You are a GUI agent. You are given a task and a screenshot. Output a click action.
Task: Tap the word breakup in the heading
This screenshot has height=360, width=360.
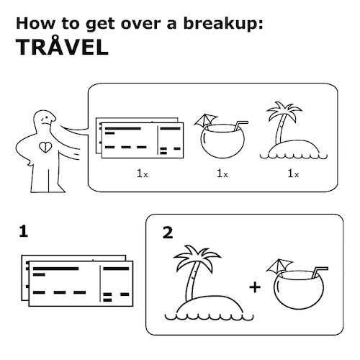221,24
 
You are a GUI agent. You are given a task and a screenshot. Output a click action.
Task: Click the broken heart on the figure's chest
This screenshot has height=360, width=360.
45,147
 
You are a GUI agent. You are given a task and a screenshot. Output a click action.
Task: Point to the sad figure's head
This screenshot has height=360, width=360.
45,121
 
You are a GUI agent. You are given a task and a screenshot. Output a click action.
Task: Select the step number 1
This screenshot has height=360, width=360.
24,231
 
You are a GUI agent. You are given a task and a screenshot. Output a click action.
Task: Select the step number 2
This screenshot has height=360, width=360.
168,233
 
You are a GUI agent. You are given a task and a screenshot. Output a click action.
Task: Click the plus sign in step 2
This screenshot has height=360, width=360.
255,287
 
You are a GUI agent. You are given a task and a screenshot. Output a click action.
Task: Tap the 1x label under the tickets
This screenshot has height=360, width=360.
143,174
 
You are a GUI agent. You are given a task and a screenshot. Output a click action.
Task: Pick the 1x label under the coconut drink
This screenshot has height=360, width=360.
222,174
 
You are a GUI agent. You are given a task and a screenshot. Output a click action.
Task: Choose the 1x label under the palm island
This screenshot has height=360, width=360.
293,174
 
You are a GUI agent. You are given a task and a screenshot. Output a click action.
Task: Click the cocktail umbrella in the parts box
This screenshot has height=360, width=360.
205,120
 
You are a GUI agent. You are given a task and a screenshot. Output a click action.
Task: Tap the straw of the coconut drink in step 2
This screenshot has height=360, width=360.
320,272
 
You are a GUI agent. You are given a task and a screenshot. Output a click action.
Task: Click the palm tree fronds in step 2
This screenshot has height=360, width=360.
197,257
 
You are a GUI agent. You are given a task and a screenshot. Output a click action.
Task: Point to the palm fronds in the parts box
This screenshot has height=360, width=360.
284,110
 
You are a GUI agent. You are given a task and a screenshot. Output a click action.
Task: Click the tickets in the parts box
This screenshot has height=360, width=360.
140,138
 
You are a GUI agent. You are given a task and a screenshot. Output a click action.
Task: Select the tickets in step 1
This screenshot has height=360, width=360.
77,281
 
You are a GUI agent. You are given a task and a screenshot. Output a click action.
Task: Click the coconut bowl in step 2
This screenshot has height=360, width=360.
299,289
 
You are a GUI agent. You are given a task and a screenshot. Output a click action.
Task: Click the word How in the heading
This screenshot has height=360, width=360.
35,24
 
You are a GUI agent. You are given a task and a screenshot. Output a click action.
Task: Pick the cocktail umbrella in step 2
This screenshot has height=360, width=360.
279,266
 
